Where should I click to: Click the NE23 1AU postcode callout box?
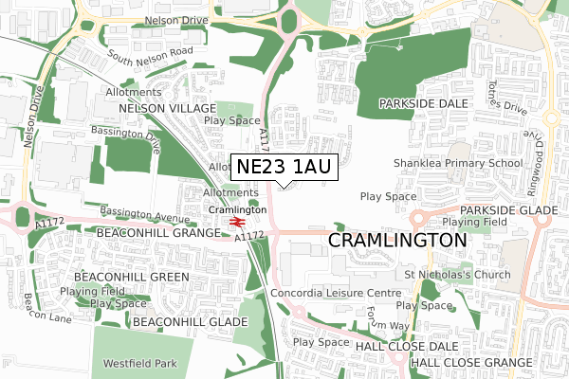[x=284, y=167]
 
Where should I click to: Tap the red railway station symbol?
[x=234, y=224]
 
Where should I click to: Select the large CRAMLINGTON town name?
[x=397, y=242]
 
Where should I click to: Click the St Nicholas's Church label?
[x=457, y=275]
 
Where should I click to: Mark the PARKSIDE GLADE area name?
[x=509, y=209]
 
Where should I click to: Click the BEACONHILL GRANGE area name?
[x=156, y=231]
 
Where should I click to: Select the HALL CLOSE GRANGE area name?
[x=472, y=363]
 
